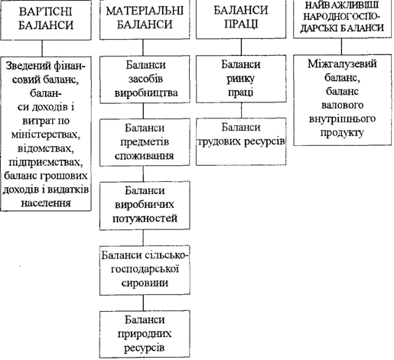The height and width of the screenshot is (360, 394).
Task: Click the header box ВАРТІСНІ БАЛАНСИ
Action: pyautogui.click(x=46, y=19)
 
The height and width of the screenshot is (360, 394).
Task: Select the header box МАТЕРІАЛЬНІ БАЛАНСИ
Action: pyautogui.click(x=145, y=19)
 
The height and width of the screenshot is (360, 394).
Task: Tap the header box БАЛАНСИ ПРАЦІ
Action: pyautogui.click(x=241, y=19)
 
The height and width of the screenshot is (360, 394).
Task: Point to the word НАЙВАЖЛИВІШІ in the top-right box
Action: pyautogui.click(x=341, y=5)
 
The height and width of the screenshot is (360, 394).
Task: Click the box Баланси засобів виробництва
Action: pyautogui.click(x=145, y=79)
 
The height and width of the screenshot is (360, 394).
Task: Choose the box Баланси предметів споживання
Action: pyautogui.click(x=145, y=142)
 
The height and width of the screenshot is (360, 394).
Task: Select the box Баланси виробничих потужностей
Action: pyautogui.click(x=145, y=206)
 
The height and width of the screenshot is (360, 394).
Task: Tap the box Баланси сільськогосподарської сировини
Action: pyautogui.click(x=145, y=270)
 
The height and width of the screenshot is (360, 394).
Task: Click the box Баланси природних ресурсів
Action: pyautogui.click(x=145, y=334)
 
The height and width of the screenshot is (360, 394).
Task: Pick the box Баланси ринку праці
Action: pyautogui.click(x=241, y=79)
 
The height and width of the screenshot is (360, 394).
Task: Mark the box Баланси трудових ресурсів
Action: pyautogui.click(x=241, y=141)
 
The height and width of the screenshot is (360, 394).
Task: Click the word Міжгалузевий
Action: pyautogui.click(x=342, y=64)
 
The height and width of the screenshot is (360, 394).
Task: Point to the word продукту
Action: pyautogui.click(x=342, y=133)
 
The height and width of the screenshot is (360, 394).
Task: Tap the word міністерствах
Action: pyautogui.click(x=46, y=135)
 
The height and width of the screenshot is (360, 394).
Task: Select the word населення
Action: pyautogui.click(x=46, y=203)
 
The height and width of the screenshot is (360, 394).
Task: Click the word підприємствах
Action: pyautogui.click(x=46, y=162)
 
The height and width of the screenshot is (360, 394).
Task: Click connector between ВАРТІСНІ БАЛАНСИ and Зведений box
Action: pyautogui.click(x=42, y=48)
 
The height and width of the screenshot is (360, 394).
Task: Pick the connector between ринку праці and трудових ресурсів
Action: pyautogui.click(x=241, y=110)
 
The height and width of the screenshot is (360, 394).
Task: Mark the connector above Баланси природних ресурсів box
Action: pyautogui.click(x=143, y=303)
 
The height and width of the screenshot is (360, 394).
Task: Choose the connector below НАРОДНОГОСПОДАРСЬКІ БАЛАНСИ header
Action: pyautogui.click(x=342, y=47)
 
